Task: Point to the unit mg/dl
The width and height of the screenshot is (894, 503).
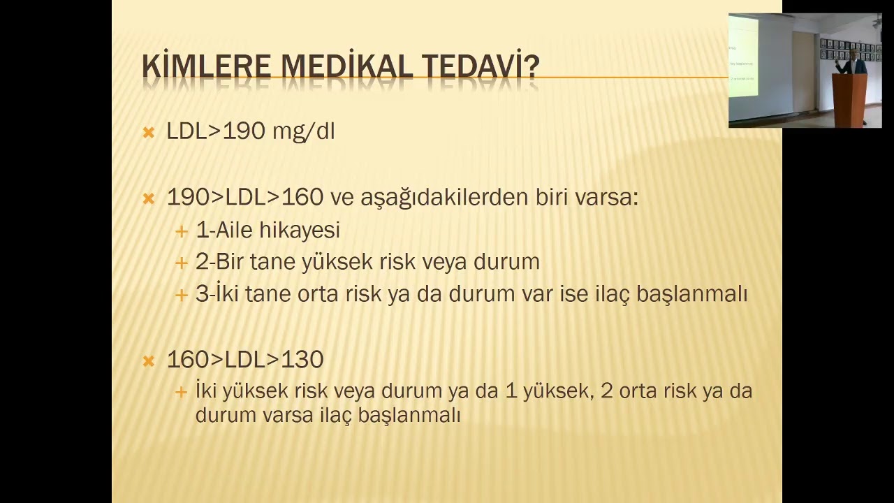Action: click(304, 132)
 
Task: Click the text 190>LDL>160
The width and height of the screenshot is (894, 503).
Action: click(244, 198)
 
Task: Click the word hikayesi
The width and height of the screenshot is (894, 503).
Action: click(300, 230)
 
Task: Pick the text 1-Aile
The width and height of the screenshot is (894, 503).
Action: click(225, 230)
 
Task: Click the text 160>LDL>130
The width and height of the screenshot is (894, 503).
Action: click(244, 360)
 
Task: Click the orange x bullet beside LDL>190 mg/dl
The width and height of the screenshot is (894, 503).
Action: click(148, 132)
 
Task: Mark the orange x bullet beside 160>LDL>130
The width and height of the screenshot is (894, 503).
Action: click(148, 360)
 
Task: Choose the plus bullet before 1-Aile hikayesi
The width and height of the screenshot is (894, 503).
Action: click(182, 231)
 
